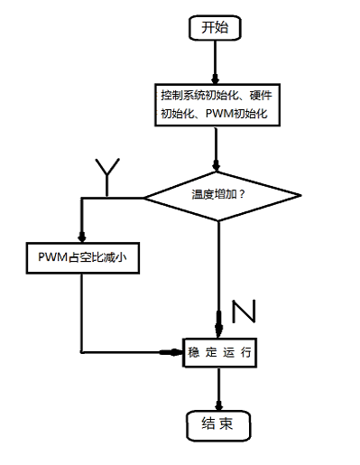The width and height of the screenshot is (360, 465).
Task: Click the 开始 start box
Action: click(214, 28)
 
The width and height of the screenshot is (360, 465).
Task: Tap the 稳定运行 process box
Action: click(219, 352)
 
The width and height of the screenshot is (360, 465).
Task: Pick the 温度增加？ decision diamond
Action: click(219, 195)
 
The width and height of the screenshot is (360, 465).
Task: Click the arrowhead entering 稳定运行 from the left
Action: click(178, 351)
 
